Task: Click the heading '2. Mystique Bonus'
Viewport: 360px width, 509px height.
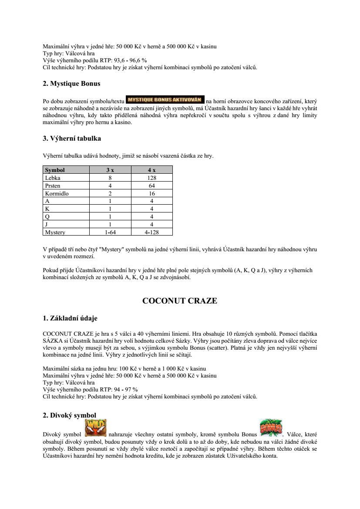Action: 71,83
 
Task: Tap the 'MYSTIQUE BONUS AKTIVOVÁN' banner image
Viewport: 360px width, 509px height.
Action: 165,99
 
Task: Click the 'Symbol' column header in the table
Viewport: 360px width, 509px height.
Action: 55,170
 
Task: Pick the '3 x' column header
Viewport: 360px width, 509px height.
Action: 110,170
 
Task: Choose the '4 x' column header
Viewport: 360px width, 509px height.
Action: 151,170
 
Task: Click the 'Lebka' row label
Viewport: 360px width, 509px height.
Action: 53,178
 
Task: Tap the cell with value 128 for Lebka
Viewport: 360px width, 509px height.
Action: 151,178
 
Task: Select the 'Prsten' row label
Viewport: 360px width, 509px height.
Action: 53,185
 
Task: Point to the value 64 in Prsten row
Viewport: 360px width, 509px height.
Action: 151,185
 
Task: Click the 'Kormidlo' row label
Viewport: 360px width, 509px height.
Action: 57,193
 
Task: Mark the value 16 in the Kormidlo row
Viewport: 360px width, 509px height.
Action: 151,193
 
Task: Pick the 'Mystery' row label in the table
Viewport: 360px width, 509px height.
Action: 55,232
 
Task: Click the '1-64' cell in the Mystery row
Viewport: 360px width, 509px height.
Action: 110,232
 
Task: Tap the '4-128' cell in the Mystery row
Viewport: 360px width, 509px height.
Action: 151,232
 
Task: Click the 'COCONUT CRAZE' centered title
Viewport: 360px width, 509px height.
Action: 180,301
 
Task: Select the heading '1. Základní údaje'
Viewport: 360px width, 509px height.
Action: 70,318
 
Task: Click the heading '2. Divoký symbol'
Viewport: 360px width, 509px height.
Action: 69,415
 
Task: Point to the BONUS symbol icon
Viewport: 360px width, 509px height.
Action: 271,428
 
